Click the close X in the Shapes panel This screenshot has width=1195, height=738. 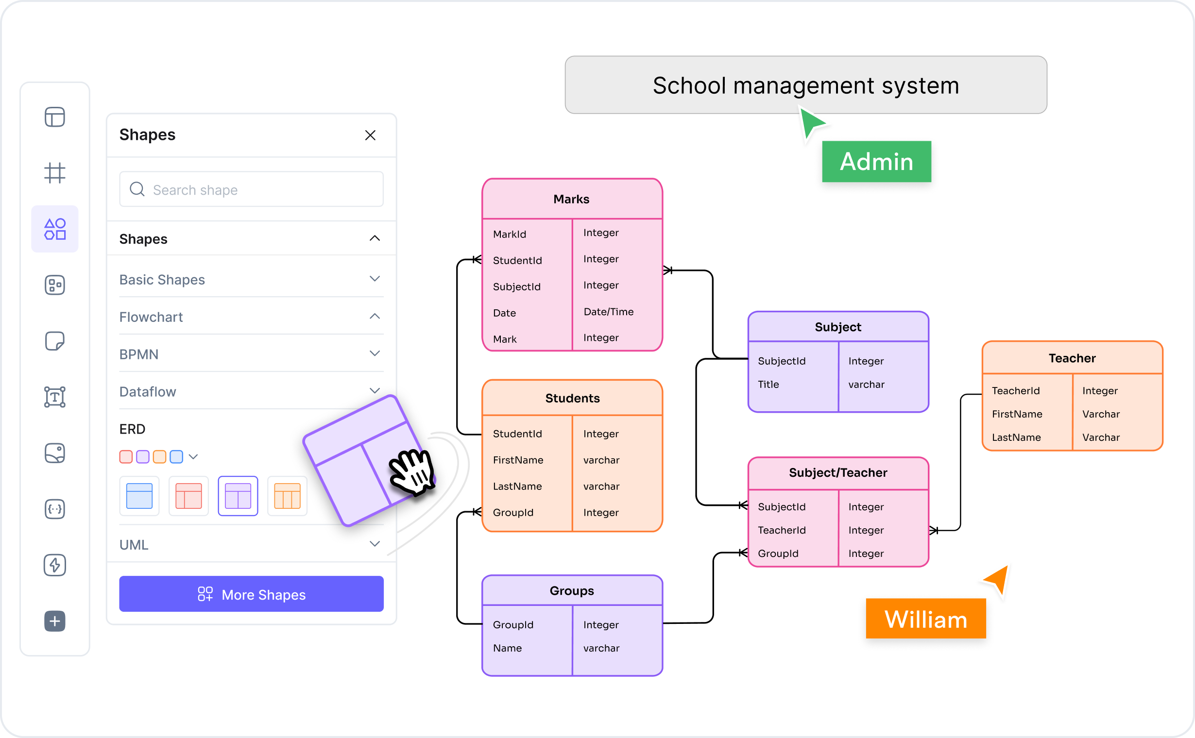pyautogui.click(x=370, y=135)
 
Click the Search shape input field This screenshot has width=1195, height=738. pyautogui.click(x=251, y=189)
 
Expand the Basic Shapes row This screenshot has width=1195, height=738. pyautogui.click(x=375, y=279)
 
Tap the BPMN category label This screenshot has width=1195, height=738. pyautogui.click(x=139, y=354)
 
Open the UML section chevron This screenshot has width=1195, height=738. pyautogui.click(x=375, y=544)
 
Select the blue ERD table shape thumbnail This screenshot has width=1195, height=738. pyautogui.click(x=139, y=496)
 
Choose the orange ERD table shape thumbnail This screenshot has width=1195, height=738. pyautogui.click(x=287, y=496)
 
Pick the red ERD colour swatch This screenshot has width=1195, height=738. pyautogui.click(x=125, y=456)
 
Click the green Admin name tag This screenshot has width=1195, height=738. pyautogui.click(x=876, y=162)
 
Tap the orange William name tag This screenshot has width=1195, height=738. pyautogui.click(x=925, y=619)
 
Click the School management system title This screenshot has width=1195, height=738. pyautogui.click(x=806, y=85)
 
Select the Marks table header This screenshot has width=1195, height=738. pyautogui.click(x=572, y=199)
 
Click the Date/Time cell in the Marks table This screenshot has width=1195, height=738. pyautogui.click(x=609, y=311)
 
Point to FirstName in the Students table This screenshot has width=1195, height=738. pyautogui.click(x=518, y=460)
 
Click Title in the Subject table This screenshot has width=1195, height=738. pyautogui.click(x=768, y=384)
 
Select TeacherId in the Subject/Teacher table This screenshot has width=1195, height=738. pyautogui.click(x=782, y=530)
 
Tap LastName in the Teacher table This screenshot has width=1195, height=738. pyautogui.click(x=1016, y=437)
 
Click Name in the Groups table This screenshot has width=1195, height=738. pyautogui.click(x=507, y=648)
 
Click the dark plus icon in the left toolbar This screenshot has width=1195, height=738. pyautogui.click(x=55, y=621)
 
